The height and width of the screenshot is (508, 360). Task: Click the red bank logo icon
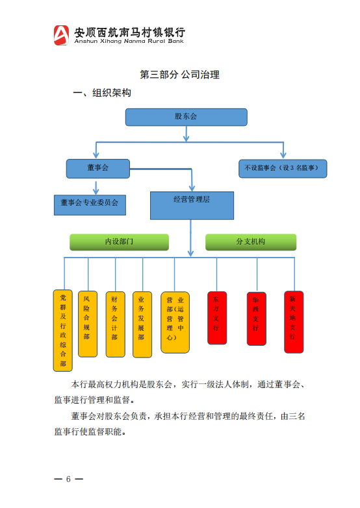pyautogui.click(x=61, y=35)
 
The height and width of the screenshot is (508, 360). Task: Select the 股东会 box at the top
pyautogui.click(x=186, y=117)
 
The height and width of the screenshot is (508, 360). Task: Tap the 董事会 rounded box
pyautogui.click(x=98, y=169)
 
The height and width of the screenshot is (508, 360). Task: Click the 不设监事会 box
pyautogui.click(x=283, y=169)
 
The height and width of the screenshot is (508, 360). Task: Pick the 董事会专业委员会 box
pyautogui.click(x=90, y=205)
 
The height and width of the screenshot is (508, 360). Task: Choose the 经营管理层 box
pyautogui.click(x=192, y=206)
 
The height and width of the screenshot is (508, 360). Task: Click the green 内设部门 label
pyautogui.click(x=119, y=242)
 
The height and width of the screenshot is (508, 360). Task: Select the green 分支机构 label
pyautogui.click(x=251, y=242)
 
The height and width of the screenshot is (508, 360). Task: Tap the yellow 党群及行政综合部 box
pyautogui.click(x=63, y=330)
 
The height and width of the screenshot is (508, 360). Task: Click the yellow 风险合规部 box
pyautogui.click(x=88, y=324)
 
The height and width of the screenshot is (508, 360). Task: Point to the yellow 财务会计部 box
pyautogui.click(x=115, y=324)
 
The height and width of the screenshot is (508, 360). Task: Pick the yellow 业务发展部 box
pyautogui.click(x=142, y=324)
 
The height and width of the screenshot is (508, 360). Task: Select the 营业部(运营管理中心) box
pyautogui.click(x=175, y=322)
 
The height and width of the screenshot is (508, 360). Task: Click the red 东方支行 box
pyautogui.click(x=217, y=318)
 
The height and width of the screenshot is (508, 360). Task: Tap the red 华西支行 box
pyautogui.click(x=257, y=319)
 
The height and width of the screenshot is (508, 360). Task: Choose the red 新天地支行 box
pyautogui.click(x=294, y=322)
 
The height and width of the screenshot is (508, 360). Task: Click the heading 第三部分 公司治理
pyautogui.click(x=179, y=75)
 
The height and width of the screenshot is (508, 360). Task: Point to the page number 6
pyautogui.click(x=68, y=479)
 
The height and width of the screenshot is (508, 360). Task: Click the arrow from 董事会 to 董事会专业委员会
pyautogui.click(x=96, y=188)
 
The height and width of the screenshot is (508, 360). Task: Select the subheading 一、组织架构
pyautogui.click(x=102, y=93)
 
